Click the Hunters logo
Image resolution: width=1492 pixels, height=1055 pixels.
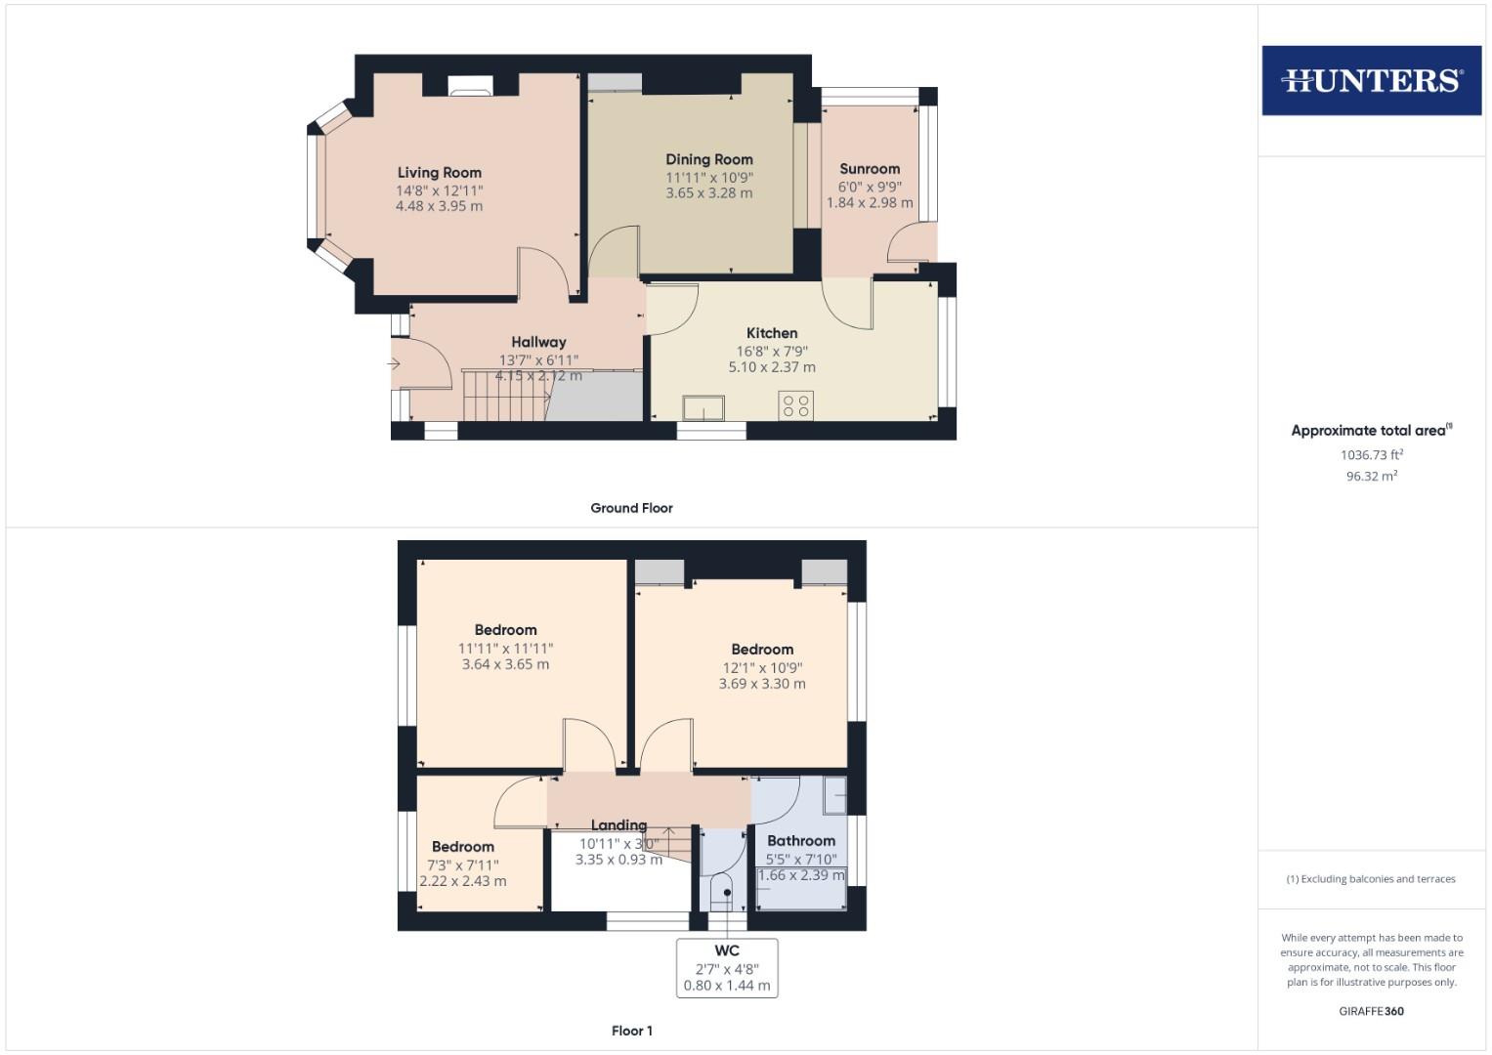pyautogui.click(x=1371, y=80)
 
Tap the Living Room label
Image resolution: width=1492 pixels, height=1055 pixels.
pyautogui.click(x=439, y=173)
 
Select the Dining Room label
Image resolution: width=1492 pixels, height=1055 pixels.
pyautogui.click(x=708, y=159)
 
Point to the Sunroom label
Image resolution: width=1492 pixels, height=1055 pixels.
pyautogui.click(x=869, y=169)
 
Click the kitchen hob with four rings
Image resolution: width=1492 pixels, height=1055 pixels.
pyautogui.click(x=796, y=405)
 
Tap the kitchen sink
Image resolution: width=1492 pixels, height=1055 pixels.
pyautogui.click(x=703, y=407)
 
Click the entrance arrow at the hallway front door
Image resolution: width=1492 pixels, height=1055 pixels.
pyautogui.click(x=395, y=364)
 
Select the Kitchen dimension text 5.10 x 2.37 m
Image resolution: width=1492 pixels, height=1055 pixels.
pyautogui.click(x=771, y=367)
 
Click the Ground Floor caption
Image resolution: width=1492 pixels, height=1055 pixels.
pyautogui.click(x=631, y=508)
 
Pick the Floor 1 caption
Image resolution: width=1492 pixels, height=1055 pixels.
pyautogui.click(x=631, y=1031)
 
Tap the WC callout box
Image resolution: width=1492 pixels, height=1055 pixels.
pyautogui.click(x=727, y=967)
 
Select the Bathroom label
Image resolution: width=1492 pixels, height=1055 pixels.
pyautogui.click(x=801, y=840)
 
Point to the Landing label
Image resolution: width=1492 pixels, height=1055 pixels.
pyautogui.click(x=618, y=825)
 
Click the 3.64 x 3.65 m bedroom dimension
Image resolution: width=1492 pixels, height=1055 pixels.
pyautogui.click(x=505, y=664)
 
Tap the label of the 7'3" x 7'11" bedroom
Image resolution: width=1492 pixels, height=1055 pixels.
pyautogui.click(x=462, y=847)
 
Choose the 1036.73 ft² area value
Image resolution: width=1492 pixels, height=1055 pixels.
pyautogui.click(x=1371, y=455)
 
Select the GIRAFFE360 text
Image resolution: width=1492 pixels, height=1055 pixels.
pyautogui.click(x=1371, y=1011)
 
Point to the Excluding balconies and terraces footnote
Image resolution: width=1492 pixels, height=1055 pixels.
pyautogui.click(x=1371, y=879)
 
